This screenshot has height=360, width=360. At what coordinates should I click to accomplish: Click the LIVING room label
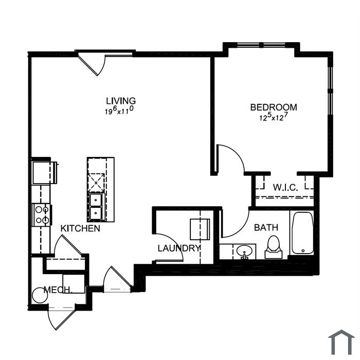[121, 101]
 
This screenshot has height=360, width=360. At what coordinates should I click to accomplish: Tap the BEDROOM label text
[274, 107]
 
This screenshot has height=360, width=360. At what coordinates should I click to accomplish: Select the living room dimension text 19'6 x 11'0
[119, 110]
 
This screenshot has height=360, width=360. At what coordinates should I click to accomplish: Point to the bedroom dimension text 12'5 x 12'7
[274, 117]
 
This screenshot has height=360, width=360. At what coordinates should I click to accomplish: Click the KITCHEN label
[80, 228]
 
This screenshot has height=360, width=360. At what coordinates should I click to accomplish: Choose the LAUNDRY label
[179, 248]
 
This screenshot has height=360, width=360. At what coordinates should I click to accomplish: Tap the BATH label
[266, 227]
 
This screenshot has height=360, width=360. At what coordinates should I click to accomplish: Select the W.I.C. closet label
[285, 188]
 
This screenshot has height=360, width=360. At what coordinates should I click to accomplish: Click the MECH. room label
[58, 290]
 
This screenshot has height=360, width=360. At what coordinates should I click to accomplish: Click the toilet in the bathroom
[274, 247]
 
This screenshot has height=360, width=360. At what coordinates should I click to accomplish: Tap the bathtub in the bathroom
[302, 233]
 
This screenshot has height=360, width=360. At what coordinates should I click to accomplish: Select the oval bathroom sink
[244, 251]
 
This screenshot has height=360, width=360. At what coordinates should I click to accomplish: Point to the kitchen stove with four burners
[42, 215]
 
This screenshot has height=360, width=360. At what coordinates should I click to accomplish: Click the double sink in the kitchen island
[96, 207]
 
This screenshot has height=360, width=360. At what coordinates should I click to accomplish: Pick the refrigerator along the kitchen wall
[45, 173]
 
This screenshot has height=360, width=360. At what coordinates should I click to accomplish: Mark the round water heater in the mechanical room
[40, 295]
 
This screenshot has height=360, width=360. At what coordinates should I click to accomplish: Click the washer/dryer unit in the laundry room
[200, 229]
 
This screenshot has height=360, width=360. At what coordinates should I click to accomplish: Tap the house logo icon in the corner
[341, 343]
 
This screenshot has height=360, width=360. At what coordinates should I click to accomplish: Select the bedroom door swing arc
[237, 152]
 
